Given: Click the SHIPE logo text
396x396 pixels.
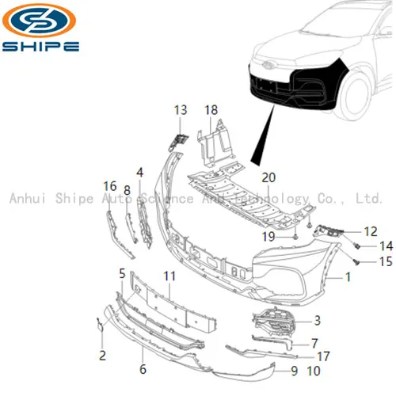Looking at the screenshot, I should click(x=41, y=46).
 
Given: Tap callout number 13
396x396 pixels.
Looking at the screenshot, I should click(x=181, y=109).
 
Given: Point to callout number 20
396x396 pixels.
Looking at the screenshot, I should click(x=268, y=177).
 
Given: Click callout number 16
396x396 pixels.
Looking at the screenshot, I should click(x=109, y=186).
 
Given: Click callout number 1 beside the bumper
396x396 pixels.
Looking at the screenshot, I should click(x=346, y=278).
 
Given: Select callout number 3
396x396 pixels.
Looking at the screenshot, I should click(x=317, y=321).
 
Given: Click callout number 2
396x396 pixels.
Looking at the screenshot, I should click(x=102, y=356).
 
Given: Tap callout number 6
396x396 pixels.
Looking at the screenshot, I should click(x=143, y=369).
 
